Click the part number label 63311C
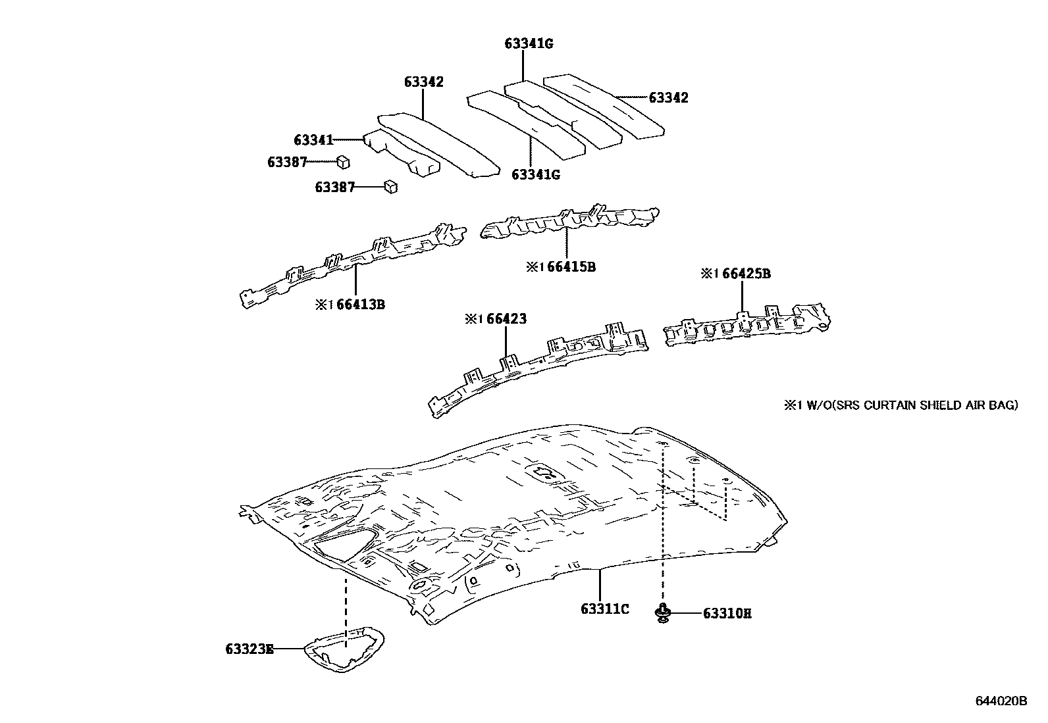pos(604,609)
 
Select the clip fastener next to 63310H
pos(663,612)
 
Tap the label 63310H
pos(727,614)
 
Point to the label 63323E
pos(249,649)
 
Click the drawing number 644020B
pos(1001,701)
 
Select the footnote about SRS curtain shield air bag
pos(900,405)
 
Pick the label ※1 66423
pos(496,319)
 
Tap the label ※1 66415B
pos(561,267)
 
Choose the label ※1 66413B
pos(350,305)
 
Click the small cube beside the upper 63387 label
pos(343,162)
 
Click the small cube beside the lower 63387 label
pos(390,187)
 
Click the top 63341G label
pos(529,44)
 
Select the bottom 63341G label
pos(535,174)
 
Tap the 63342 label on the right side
pos(668,98)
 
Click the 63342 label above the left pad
pos(423,82)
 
